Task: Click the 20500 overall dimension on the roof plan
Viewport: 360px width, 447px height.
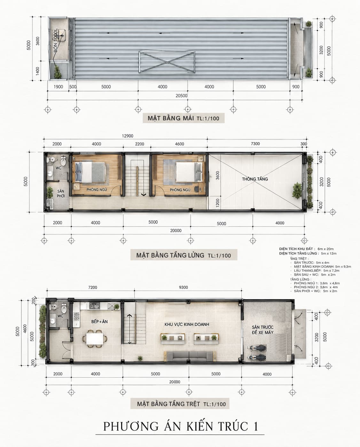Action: pyautogui.click(x=181, y=96)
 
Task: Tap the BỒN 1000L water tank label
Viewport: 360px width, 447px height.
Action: pyautogui.click(x=55, y=41)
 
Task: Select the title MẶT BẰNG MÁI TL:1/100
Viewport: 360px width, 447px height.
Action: pyautogui.click(x=183, y=118)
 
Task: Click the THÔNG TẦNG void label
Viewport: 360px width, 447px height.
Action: pyautogui.click(x=255, y=179)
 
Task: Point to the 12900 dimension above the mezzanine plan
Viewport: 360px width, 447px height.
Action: pyautogui.click(x=128, y=136)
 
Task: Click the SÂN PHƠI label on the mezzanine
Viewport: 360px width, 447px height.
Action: pyautogui.click(x=61, y=193)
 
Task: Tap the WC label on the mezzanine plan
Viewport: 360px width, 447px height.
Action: pyautogui.click(x=58, y=168)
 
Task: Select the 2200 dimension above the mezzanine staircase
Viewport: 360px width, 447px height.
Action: pyautogui.click(x=139, y=144)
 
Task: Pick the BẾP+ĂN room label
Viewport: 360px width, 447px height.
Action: pyautogui.click(x=99, y=322)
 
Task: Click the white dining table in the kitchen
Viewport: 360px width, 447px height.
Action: pyautogui.click(x=95, y=339)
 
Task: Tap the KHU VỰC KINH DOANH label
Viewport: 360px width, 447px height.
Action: pyautogui.click(x=187, y=324)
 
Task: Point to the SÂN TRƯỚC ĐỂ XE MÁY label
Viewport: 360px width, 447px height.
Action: pyautogui.click(x=262, y=330)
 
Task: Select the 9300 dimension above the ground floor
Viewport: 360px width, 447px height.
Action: pyautogui.click(x=183, y=287)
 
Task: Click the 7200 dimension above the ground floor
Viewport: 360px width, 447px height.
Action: pyautogui.click(x=93, y=287)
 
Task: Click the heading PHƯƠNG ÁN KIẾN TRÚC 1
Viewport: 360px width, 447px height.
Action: pyautogui.click(x=180, y=427)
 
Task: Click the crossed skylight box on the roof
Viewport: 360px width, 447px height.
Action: pyautogui.click(x=167, y=62)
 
